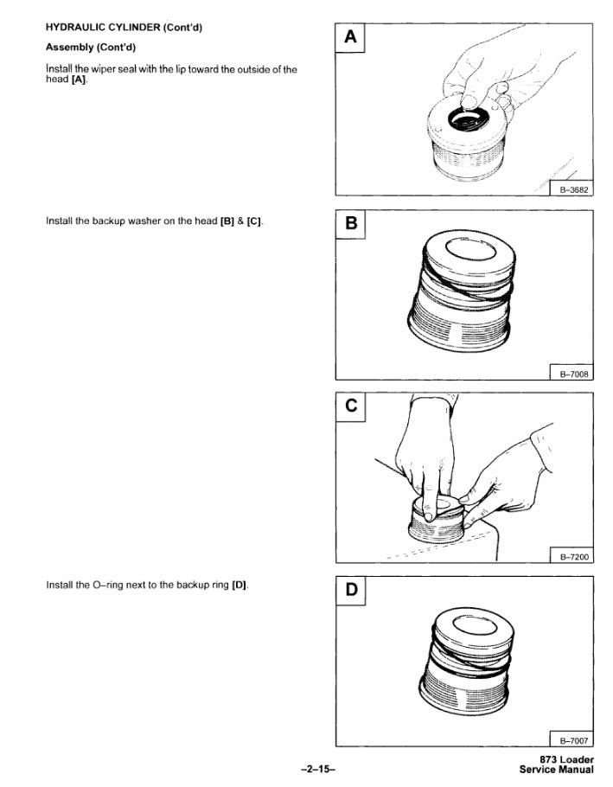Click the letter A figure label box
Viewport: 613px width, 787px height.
350,38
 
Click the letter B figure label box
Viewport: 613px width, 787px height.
351,224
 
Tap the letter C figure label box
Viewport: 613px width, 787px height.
351,407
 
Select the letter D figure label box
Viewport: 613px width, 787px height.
351,591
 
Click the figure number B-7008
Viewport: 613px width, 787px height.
573,374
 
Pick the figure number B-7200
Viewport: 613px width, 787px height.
573,557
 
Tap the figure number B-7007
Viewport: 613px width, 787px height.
573,740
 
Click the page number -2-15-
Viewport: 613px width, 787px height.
318,769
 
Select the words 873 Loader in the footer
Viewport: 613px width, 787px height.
566,760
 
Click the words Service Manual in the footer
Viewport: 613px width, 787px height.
556,770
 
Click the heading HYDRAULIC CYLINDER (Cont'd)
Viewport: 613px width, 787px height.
124,28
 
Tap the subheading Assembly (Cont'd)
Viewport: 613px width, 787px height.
91,48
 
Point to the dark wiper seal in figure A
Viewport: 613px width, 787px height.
469,119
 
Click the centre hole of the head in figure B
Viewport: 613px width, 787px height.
469,251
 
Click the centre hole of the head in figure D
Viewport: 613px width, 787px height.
474,625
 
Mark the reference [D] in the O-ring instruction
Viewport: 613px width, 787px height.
239,585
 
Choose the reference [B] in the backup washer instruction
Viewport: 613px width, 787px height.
227,221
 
